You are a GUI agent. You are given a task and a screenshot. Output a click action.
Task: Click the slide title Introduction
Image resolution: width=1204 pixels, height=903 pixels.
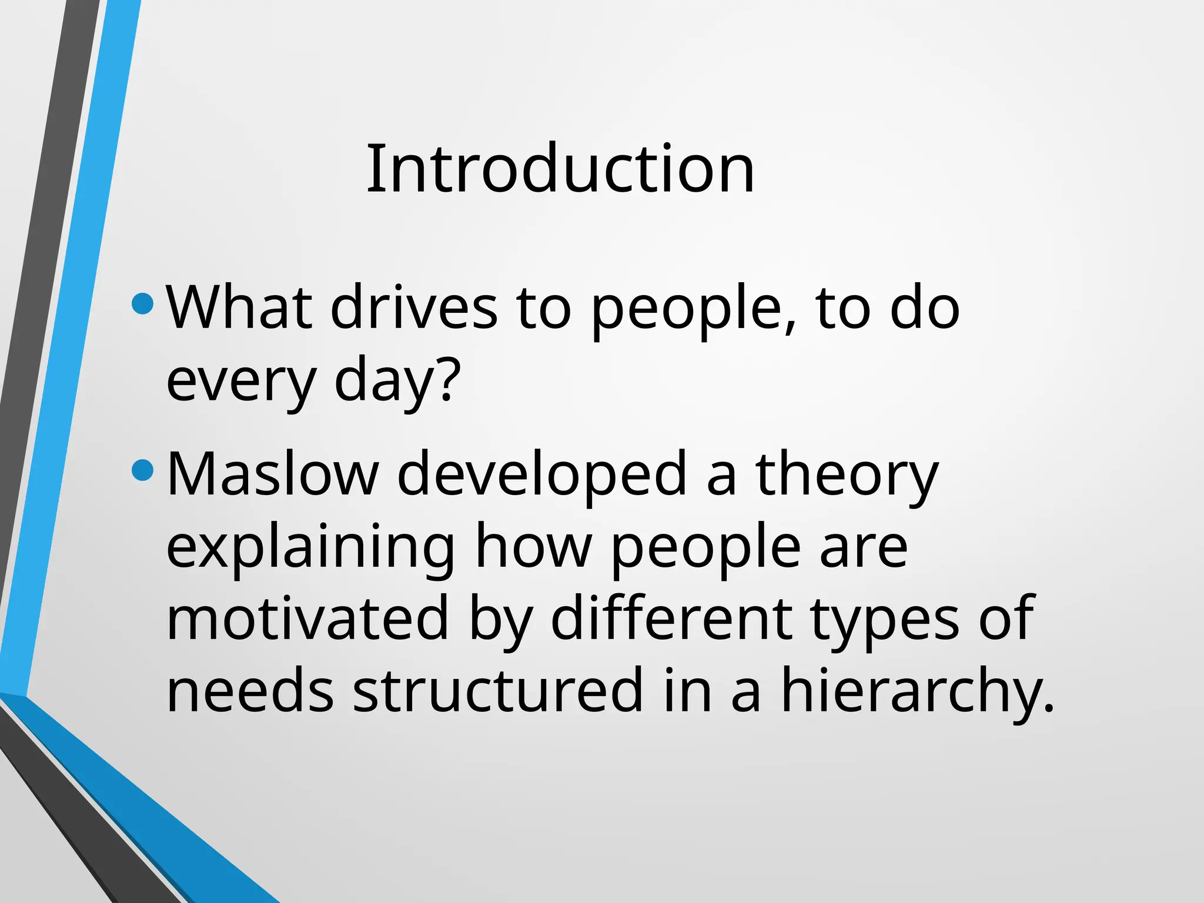tap(560, 169)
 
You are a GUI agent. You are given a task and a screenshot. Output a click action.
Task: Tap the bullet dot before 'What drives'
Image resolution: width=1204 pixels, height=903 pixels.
tap(143, 304)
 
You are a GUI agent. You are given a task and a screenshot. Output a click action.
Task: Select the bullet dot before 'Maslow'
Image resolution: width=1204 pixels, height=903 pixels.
tap(143, 470)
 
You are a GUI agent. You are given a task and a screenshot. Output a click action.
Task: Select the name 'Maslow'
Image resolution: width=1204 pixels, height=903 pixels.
tap(273, 474)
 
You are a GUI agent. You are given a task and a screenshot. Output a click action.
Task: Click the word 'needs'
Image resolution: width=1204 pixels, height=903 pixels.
tap(250, 690)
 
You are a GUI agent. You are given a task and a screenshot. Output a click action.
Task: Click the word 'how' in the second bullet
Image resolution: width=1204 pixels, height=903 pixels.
tap(533, 547)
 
